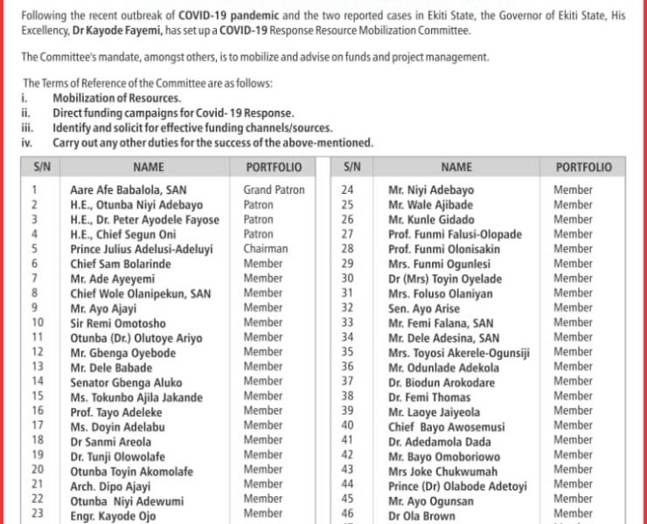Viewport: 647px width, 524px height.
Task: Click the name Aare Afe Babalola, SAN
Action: coord(128,190)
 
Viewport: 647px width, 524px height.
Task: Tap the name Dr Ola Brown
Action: coord(424,514)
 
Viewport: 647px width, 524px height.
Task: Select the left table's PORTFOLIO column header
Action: coord(274,167)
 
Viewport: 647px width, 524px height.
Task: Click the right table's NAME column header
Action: coord(456,167)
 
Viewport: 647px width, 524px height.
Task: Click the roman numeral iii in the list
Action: coord(27,128)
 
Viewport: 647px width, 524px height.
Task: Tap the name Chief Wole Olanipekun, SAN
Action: coord(140,293)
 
